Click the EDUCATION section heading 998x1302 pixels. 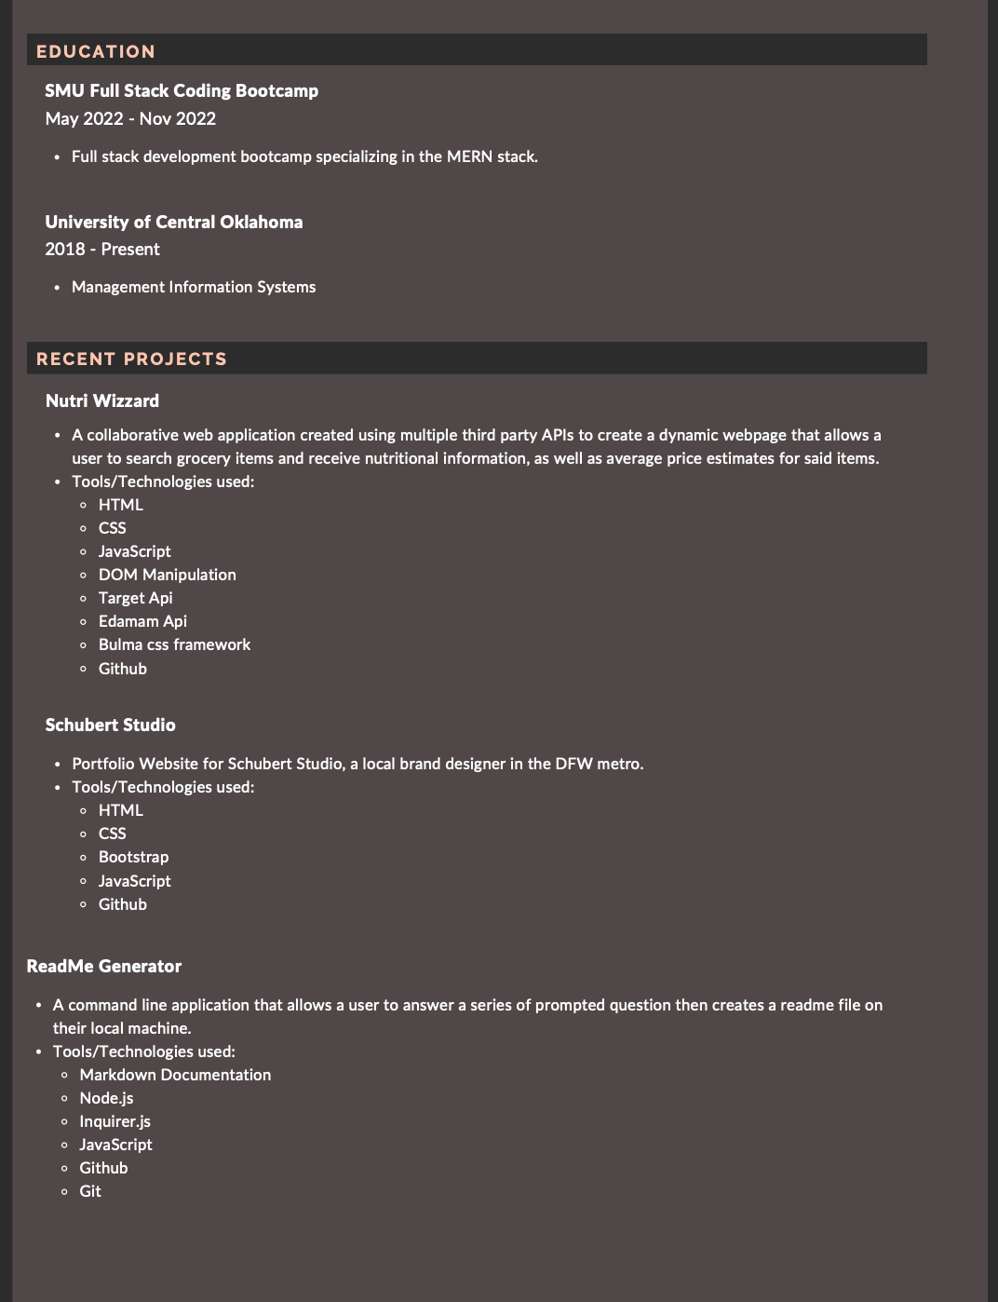click(x=96, y=51)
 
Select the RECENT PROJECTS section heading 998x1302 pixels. click(x=131, y=359)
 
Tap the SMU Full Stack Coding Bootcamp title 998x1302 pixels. click(x=182, y=90)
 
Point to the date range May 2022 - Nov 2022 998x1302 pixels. click(x=130, y=118)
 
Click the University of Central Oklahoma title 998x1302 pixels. click(x=174, y=222)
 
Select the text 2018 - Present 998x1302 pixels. click(x=102, y=249)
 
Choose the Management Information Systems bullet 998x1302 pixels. click(x=194, y=287)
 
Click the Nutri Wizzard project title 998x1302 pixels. click(x=102, y=400)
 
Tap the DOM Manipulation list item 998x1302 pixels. click(x=168, y=575)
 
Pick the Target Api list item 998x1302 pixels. click(x=136, y=598)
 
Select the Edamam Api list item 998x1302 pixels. click(x=142, y=621)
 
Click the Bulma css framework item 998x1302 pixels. click(x=174, y=644)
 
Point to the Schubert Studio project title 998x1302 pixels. click(x=110, y=725)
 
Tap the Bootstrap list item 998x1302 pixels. click(x=134, y=857)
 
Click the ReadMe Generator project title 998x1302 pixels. click(x=104, y=966)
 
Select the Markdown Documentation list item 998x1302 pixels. click(x=175, y=1075)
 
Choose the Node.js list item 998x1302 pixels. click(x=106, y=1098)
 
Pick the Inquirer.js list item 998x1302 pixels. click(x=115, y=1121)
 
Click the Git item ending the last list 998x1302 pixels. click(x=90, y=1191)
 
